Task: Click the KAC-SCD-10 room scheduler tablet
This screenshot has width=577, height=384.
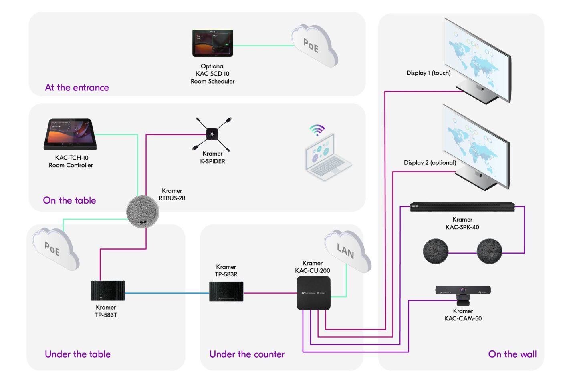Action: (x=212, y=43)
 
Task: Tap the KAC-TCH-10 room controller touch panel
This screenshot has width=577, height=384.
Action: (x=71, y=134)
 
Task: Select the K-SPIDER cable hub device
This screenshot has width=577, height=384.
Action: (x=212, y=134)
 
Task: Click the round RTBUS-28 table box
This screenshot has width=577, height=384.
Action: (x=143, y=212)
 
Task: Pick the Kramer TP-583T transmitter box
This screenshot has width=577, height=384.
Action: (x=107, y=291)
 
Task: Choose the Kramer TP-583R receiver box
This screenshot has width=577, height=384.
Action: (x=226, y=291)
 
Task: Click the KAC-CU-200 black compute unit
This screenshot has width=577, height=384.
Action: (x=313, y=293)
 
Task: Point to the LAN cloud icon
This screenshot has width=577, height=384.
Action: (x=347, y=251)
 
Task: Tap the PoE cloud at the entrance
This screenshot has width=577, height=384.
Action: (x=314, y=46)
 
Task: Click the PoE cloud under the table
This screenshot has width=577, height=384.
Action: (x=55, y=249)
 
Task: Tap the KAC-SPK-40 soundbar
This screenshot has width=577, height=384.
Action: (x=462, y=207)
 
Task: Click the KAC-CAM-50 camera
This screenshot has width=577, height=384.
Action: (x=463, y=291)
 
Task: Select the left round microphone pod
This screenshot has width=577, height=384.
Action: (x=435, y=251)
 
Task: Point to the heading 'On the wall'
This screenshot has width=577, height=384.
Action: (x=512, y=354)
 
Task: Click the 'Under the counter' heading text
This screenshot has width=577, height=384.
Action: (x=247, y=354)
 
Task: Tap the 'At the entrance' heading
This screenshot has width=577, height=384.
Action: (x=77, y=88)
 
